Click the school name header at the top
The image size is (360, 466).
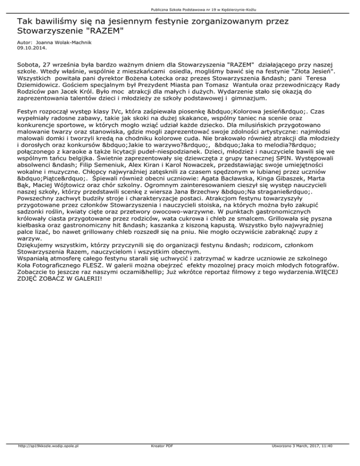(197, 9)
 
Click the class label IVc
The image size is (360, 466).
(105, 113)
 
